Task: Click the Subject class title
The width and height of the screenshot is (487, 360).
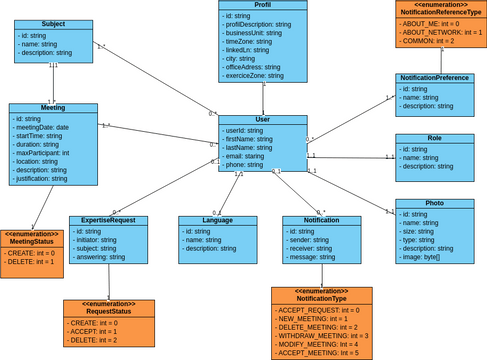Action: [53, 24]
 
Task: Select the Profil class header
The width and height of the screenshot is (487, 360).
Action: [263, 5]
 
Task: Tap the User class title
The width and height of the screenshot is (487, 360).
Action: [263, 119]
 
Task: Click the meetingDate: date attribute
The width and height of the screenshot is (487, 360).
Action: [42, 127]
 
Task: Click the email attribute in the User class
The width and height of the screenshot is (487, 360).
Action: [244, 156]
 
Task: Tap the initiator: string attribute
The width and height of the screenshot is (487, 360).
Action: [99, 240]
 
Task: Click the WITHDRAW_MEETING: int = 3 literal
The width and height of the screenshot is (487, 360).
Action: [322, 335]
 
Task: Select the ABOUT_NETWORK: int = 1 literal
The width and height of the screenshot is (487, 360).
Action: [441, 32]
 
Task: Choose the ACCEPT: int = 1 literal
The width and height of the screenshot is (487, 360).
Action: [93, 331]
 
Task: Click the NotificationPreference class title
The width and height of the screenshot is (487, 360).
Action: [434, 77]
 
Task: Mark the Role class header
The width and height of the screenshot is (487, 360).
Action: [434, 138]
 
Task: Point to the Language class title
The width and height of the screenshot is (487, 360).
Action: [217, 220]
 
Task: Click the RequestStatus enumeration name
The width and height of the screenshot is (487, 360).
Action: [109, 310]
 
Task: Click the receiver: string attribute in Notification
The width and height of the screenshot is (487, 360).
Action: [315, 248]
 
